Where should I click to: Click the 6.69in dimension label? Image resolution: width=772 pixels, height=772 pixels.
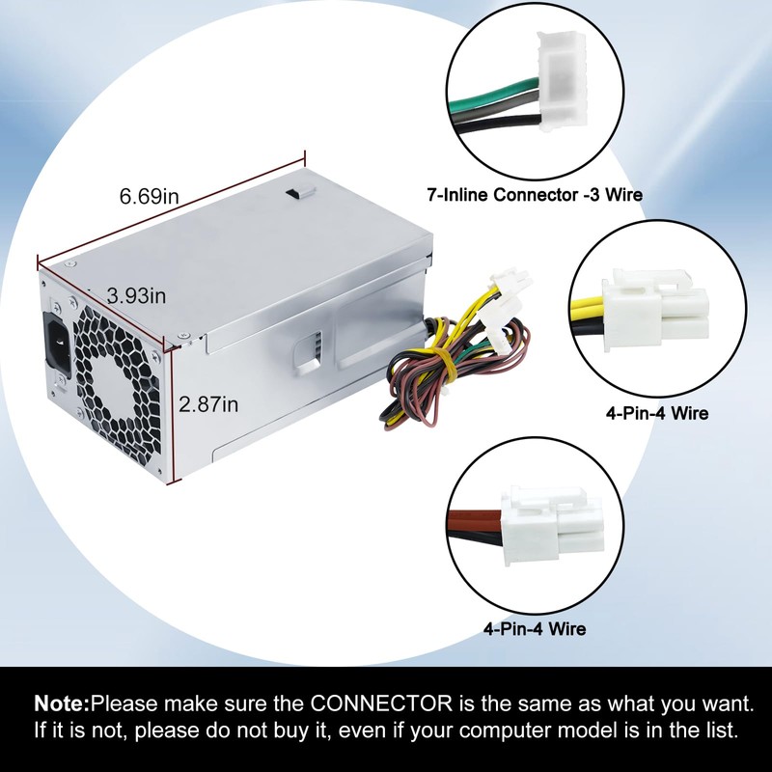pyautogui.click(x=150, y=196)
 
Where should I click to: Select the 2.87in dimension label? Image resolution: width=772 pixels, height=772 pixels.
pyautogui.click(x=208, y=404)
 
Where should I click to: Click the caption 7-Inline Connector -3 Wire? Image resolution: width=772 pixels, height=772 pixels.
pyautogui.click(x=535, y=195)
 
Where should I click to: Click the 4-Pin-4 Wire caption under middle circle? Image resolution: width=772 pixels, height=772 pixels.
pyautogui.click(x=656, y=414)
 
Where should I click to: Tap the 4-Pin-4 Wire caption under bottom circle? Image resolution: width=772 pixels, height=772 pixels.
pyautogui.click(x=534, y=630)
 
